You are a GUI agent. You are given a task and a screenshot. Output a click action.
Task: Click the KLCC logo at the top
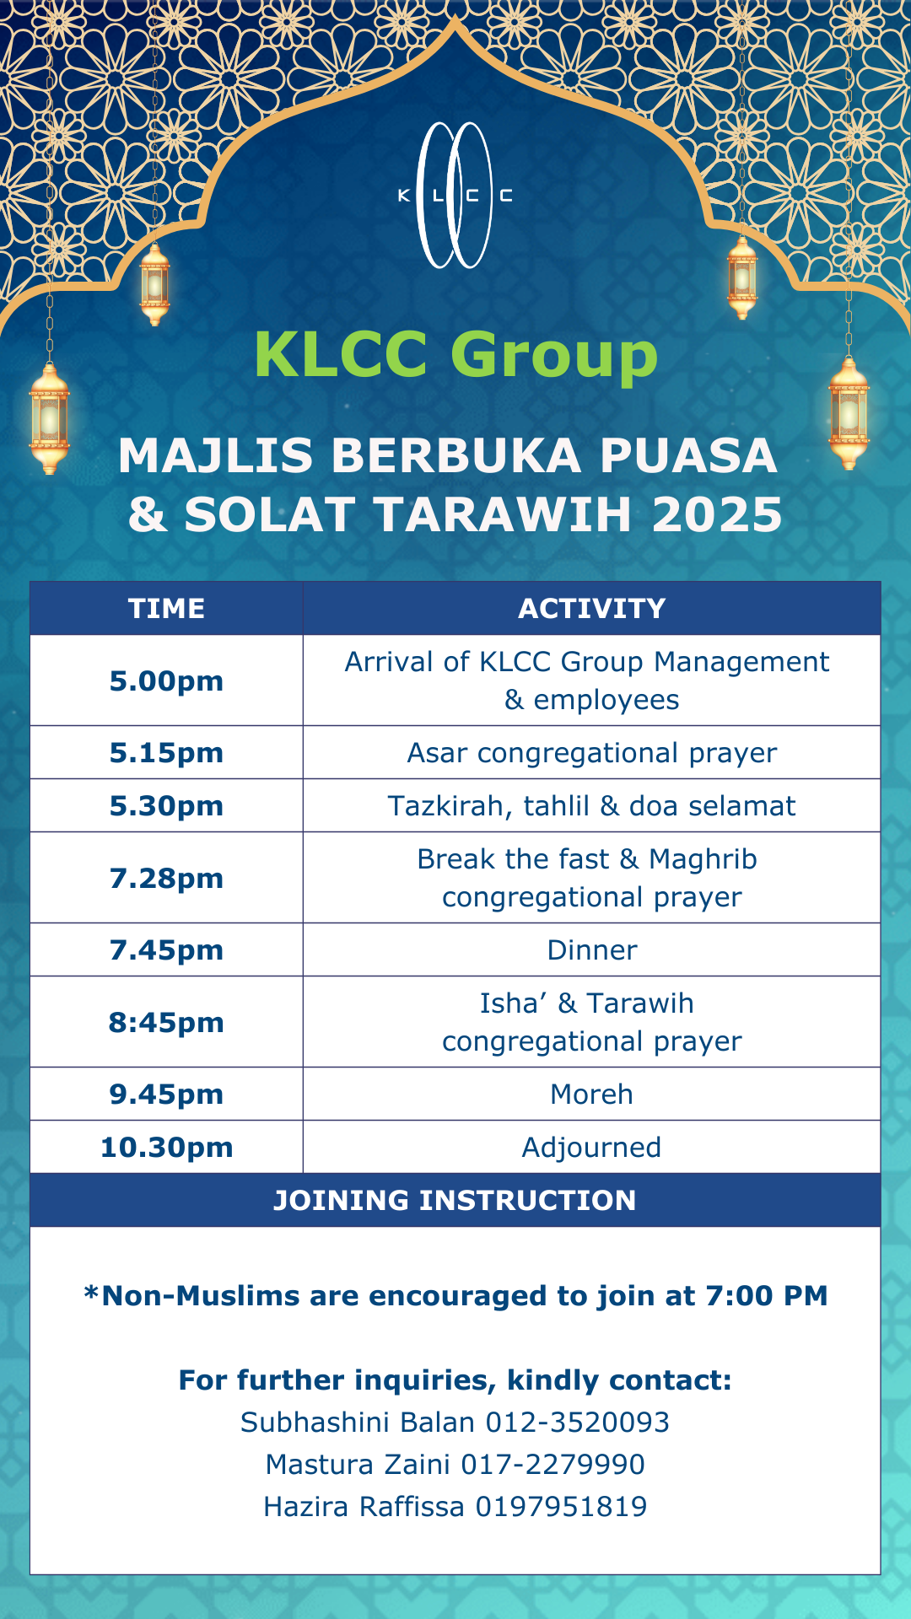tap(455, 196)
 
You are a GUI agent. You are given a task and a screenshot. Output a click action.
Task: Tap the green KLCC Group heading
tap(455, 354)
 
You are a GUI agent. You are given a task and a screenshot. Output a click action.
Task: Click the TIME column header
tap(166, 608)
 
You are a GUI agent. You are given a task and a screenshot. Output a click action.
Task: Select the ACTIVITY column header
tap(592, 608)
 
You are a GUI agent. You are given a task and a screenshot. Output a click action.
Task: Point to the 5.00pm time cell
tap(166, 680)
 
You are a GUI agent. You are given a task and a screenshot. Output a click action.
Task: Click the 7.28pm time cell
tap(166, 878)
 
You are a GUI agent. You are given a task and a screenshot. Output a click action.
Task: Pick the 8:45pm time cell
tap(166, 1022)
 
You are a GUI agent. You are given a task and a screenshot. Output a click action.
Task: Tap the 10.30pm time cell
tap(166, 1147)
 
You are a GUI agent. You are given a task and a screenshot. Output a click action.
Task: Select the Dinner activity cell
tap(592, 949)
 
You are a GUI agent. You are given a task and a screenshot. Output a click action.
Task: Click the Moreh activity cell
tap(592, 1094)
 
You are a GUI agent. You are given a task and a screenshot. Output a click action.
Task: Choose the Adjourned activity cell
tap(592, 1147)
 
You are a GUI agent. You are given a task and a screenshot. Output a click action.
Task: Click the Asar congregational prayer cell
tap(592, 752)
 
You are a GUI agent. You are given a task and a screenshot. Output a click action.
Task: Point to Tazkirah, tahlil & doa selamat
tap(592, 805)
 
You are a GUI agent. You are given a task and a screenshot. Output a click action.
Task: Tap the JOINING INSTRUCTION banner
tap(455, 1200)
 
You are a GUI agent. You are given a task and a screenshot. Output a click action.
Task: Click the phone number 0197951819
tap(562, 1506)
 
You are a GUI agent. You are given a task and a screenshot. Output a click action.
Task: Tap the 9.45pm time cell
tap(166, 1094)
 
